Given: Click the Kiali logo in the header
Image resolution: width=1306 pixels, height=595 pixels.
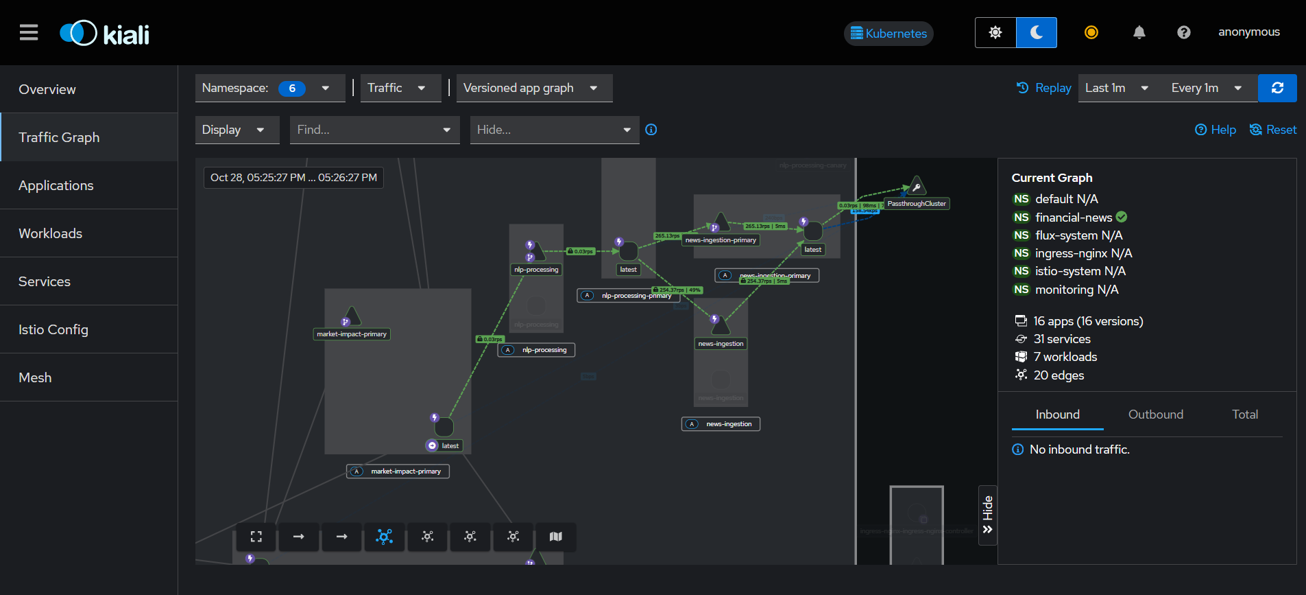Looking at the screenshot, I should (104, 33).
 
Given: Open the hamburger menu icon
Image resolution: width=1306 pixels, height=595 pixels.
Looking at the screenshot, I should (29, 32).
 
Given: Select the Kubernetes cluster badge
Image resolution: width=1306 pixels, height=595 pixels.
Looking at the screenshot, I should (888, 33).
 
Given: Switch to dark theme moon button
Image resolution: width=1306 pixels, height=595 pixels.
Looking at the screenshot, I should (1036, 32).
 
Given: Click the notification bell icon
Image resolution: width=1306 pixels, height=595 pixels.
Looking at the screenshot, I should (1139, 32).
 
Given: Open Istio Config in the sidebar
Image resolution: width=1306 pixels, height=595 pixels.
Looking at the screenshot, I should (53, 329).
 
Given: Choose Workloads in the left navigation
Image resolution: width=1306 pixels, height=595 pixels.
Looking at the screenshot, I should (51, 233).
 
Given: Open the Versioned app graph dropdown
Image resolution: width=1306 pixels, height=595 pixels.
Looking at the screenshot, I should (534, 88).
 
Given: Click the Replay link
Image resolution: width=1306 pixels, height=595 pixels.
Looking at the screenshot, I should (1044, 88).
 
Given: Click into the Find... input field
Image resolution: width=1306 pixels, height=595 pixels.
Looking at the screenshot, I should (363, 130).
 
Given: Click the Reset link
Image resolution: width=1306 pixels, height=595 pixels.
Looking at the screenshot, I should (1273, 130).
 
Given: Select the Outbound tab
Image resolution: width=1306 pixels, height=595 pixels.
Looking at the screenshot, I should (1155, 415).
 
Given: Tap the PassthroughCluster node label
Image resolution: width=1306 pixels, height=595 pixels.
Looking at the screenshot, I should (916, 204).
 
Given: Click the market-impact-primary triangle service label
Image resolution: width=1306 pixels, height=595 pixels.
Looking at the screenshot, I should (352, 334).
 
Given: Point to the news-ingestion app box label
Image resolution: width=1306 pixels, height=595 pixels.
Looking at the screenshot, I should (728, 424).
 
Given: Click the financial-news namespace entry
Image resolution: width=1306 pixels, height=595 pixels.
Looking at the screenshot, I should (1073, 218).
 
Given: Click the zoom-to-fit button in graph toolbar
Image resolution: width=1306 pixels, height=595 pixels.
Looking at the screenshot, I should (256, 537).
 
